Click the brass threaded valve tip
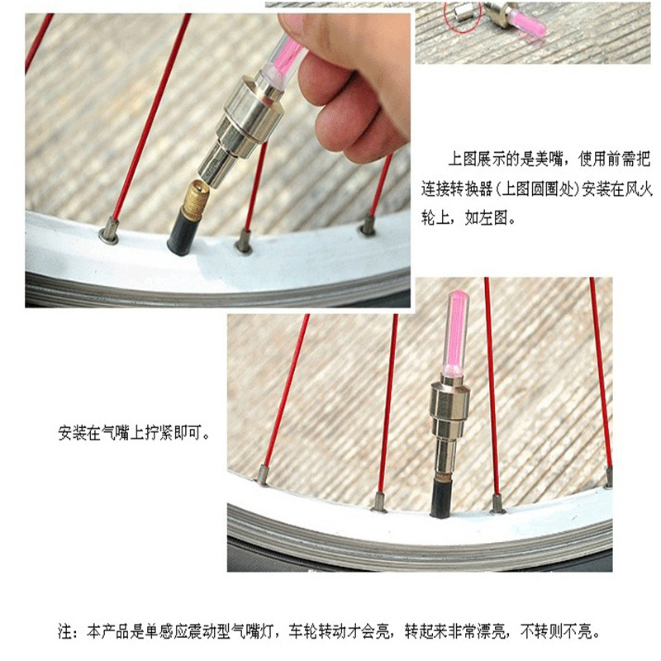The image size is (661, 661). click(x=195, y=195)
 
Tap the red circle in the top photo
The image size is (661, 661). click(x=462, y=16)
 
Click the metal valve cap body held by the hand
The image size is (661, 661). click(x=242, y=126)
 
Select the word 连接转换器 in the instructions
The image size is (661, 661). click(x=457, y=189)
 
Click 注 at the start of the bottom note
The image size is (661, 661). click(x=65, y=632)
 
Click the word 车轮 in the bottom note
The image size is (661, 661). click(x=303, y=632)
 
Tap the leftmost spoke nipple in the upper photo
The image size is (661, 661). click(x=109, y=231)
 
